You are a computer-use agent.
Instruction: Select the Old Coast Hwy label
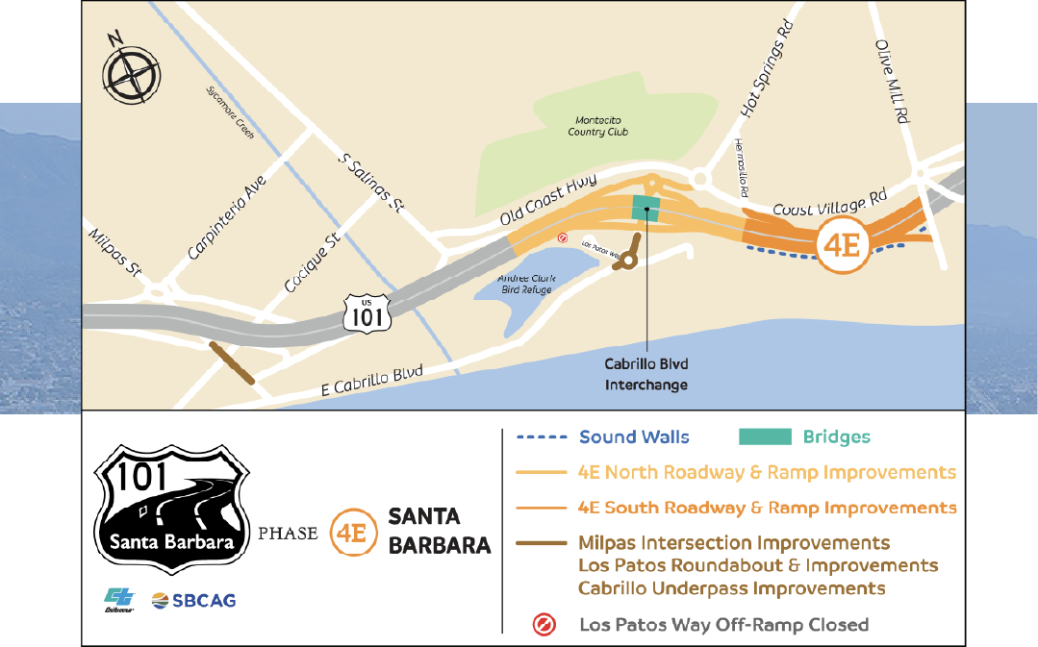coord(549,200)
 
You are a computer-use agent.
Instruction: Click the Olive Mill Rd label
coord(892,84)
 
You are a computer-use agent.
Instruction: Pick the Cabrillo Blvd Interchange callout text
coord(646,375)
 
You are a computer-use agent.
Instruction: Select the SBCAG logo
coord(193,601)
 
